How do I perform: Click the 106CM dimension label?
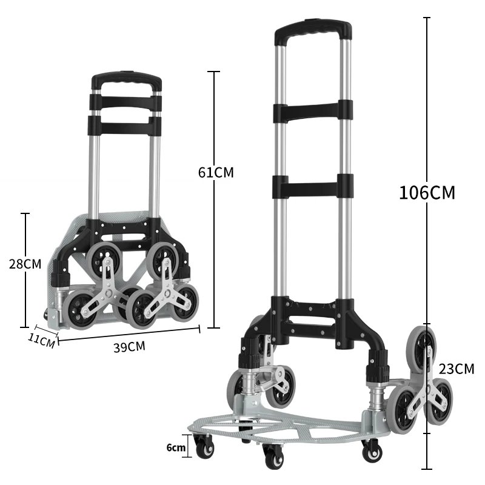click(427, 192)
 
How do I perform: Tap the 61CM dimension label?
click(216, 172)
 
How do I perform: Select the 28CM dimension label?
click(25, 264)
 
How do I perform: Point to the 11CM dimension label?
click(41, 340)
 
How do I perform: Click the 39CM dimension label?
click(129, 347)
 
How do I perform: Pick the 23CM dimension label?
click(457, 369)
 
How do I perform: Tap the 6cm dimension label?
click(176, 447)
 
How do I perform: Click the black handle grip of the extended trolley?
click(313, 30)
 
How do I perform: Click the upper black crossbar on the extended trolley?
click(312, 111)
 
